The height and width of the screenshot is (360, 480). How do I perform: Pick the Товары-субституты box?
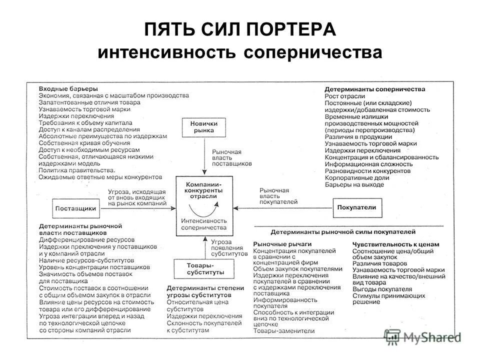(199, 268)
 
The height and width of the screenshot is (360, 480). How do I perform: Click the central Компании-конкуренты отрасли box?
(203, 205)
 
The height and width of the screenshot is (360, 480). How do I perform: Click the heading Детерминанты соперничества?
(375, 89)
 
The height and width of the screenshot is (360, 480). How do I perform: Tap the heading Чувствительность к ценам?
(395, 243)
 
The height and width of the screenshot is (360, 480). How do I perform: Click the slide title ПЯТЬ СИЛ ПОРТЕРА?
(239, 28)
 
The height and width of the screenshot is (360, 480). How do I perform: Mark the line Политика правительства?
(73, 170)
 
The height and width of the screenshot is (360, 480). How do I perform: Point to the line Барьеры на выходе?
(354, 184)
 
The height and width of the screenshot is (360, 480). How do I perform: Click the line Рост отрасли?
(344, 96)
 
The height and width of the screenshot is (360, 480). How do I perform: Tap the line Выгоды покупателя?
(381, 289)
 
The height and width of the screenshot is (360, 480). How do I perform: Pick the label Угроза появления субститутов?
(229, 248)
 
